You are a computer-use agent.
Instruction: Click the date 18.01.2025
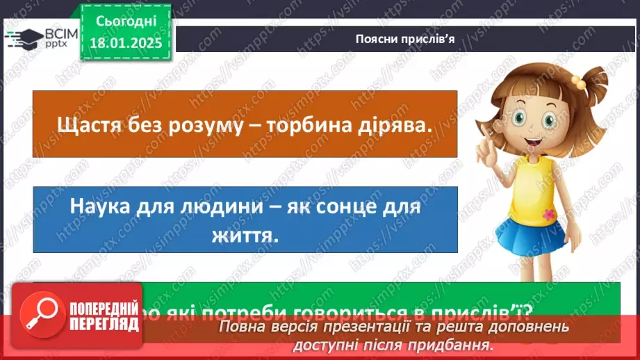tap(124, 42)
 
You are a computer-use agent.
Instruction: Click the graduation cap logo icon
tap(25, 37)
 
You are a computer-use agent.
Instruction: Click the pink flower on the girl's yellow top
tap(550, 213)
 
